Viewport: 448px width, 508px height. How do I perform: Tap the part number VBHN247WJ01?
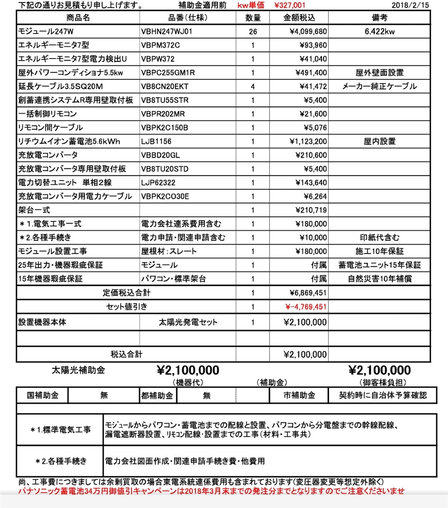point(167,31)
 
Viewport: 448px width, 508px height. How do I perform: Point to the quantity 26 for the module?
point(253,31)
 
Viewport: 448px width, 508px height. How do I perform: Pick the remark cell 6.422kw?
point(380,31)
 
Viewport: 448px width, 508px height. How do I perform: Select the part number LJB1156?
point(156,141)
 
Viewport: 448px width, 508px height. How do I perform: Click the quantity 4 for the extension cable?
point(253,86)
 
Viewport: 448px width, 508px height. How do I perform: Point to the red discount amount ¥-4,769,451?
point(306,307)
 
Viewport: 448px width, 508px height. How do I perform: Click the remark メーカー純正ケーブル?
point(380,86)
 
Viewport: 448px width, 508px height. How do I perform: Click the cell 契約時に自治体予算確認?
point(383,395)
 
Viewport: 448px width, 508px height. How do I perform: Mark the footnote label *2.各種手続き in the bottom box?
point(61,461)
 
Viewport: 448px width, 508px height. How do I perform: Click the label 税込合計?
point(126,354)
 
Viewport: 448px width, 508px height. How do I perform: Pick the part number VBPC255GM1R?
point(168,73)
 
